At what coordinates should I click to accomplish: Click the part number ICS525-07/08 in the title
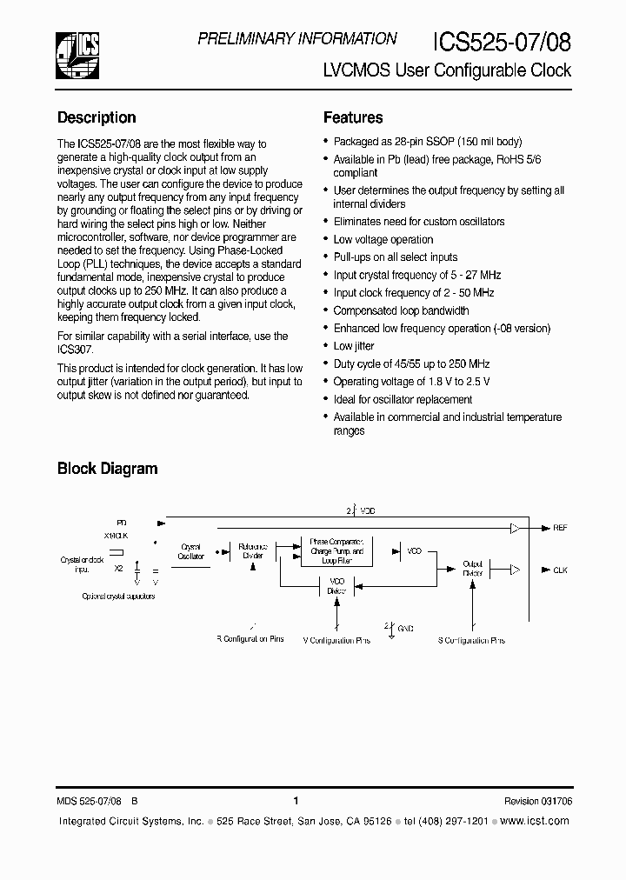pyautogui.click(x=502, y=42)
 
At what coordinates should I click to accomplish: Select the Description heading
pyautogui.click(x=97, y=117)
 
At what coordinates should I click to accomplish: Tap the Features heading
pyautogui.click(x=353, y=117)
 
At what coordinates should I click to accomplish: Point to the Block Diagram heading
pyautogui.click(x=107, y=469)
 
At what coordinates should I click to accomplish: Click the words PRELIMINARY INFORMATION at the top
pyautogui.click(x=297, y=38)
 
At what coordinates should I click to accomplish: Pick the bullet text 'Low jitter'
pyautogui.click(x=354, y=346)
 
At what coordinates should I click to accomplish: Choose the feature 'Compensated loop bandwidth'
pyautogui.click(x=401, y=310)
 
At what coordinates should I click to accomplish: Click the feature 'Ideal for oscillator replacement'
pyautogui.click(x=403, y=399)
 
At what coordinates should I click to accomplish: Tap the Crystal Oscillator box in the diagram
pyautogui.click(x=191, y=552)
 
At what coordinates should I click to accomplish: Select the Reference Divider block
pyautogui.click(x=253, y=551)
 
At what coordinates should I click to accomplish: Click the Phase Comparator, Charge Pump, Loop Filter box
pyautogui.click(x=336, y=551)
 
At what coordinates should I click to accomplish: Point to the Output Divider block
pyautogui.click(x=472, y=568)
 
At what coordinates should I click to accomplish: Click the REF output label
pyautogui.click(x=560, y=528)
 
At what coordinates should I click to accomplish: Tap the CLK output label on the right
pyautogui.click(x=560, y=570)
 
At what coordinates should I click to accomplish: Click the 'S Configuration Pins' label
pyautogui.click(x=470, y=641)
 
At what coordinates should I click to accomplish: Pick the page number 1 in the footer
pyautogui.click(x=296, y=802)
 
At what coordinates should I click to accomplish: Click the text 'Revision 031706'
pyautogui.click(x=537, y=802)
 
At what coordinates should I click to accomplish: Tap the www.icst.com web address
pyautogui.click(x=537, y=821)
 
